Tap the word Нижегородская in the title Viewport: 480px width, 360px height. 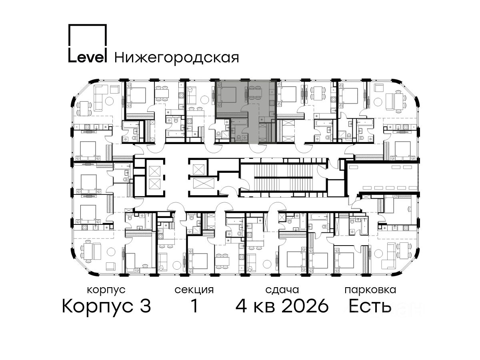pos(177,58)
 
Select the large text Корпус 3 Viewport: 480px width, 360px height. pos(106,306)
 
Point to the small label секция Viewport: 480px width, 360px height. pos(194,290)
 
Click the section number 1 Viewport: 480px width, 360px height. pos(194,306)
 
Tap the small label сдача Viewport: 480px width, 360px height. pos(282,290)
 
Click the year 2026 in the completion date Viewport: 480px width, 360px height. pos(305,306)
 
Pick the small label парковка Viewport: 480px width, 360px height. pos(370,290)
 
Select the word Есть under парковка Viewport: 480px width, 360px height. pos(370,306)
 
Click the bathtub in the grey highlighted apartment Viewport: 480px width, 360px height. pos(239,122)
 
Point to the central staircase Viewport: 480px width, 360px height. pos(284,178)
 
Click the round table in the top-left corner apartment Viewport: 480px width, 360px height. pos(109,100)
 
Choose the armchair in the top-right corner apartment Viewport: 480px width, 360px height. pos(378,88)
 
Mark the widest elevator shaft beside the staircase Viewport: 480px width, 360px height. pos(204,183)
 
